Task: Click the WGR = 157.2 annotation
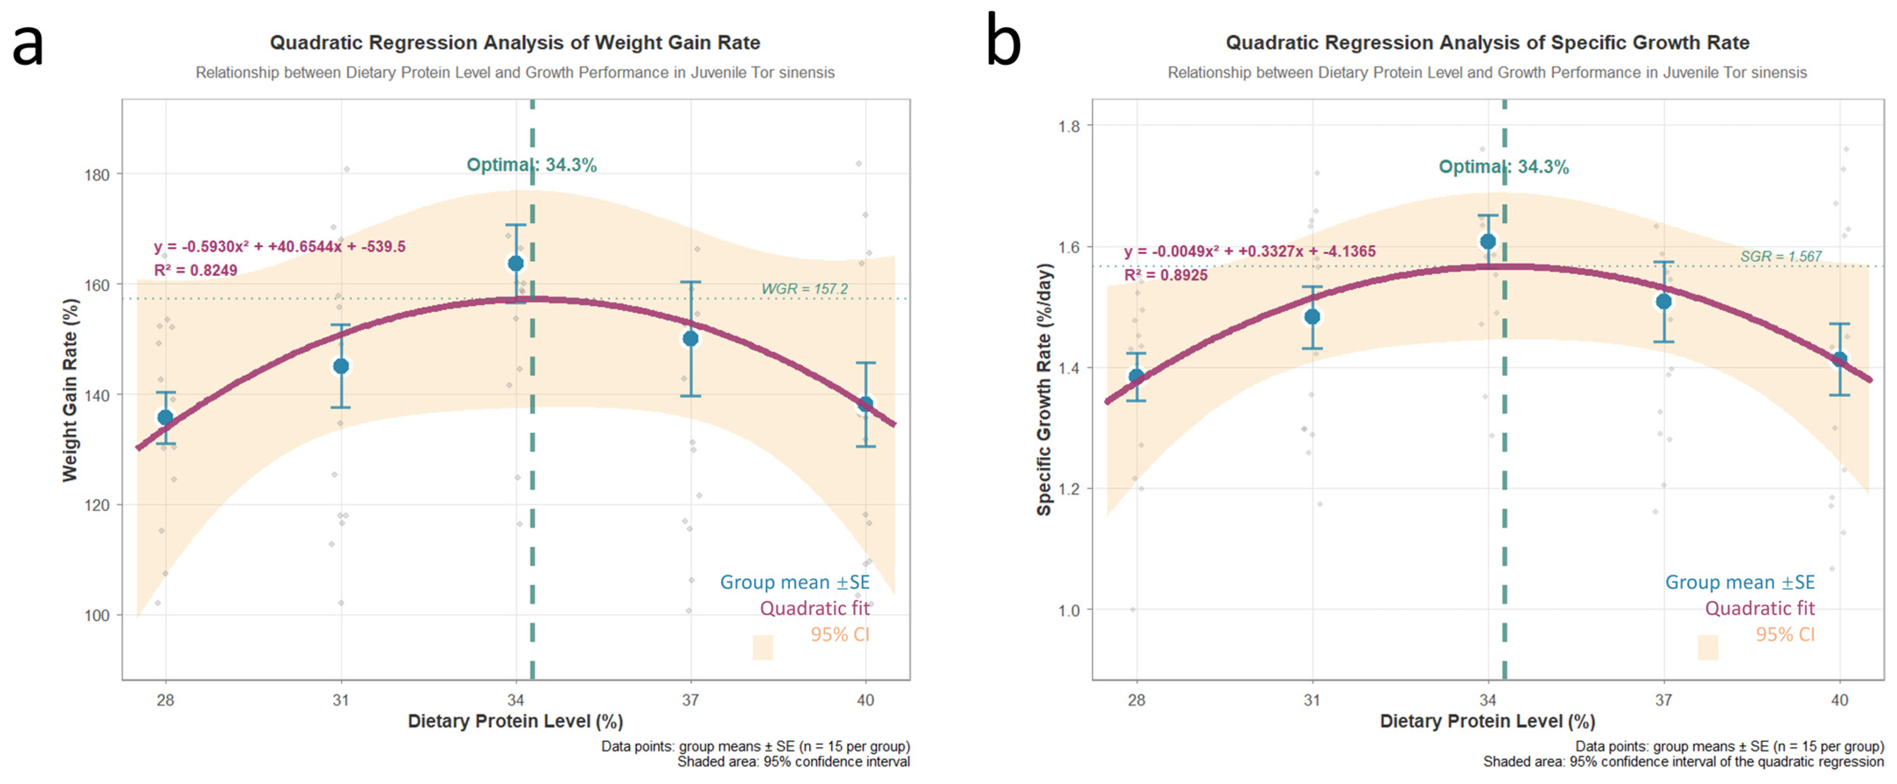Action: (804, 289)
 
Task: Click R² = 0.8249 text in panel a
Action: (195, 270)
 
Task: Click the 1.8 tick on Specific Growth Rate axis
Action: (1069, 126)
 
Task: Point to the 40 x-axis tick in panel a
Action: (865, 699)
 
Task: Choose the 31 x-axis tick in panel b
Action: (1312, 699)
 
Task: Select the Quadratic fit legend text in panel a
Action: (814, 609)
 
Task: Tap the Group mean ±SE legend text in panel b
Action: (1739, 582)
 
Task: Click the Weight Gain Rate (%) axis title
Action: (70, 390)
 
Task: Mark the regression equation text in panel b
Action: (1249, 251)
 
